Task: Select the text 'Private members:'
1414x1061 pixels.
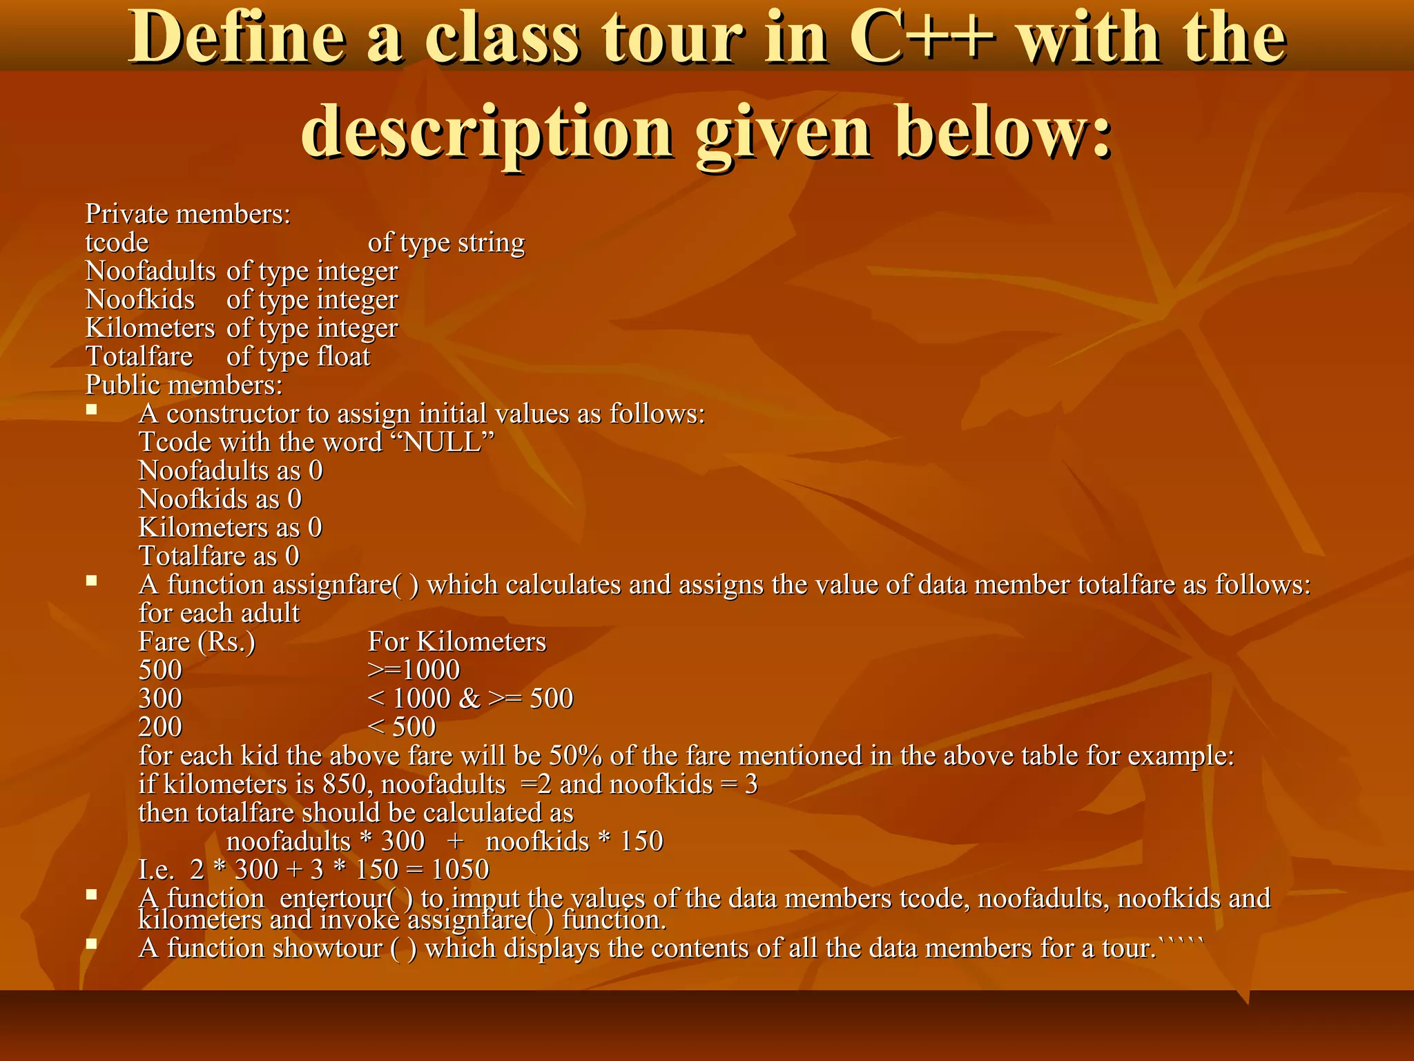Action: click(188, 214)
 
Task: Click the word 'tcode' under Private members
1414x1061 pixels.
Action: click(117, 242)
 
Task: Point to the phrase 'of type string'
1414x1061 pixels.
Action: click(446, 242)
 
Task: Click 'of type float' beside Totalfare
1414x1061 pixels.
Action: click(298, 356)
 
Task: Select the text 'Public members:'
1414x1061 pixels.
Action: click(184, 385)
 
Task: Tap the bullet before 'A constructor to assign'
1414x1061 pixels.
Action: click(91, 410)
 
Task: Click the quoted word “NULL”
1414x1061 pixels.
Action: click(447, 442)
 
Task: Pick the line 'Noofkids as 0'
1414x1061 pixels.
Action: click(220, 499)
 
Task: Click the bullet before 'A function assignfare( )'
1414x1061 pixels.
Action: click(91, 581)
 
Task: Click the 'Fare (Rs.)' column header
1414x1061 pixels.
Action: click(197, 642)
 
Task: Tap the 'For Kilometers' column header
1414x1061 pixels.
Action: click(457, 642)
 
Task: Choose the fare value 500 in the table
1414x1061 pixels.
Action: click(160, 670)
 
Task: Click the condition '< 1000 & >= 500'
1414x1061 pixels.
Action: click(470, 698)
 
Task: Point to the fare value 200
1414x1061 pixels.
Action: click(160, 727)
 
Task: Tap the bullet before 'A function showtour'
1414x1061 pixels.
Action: click(91, 944)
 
